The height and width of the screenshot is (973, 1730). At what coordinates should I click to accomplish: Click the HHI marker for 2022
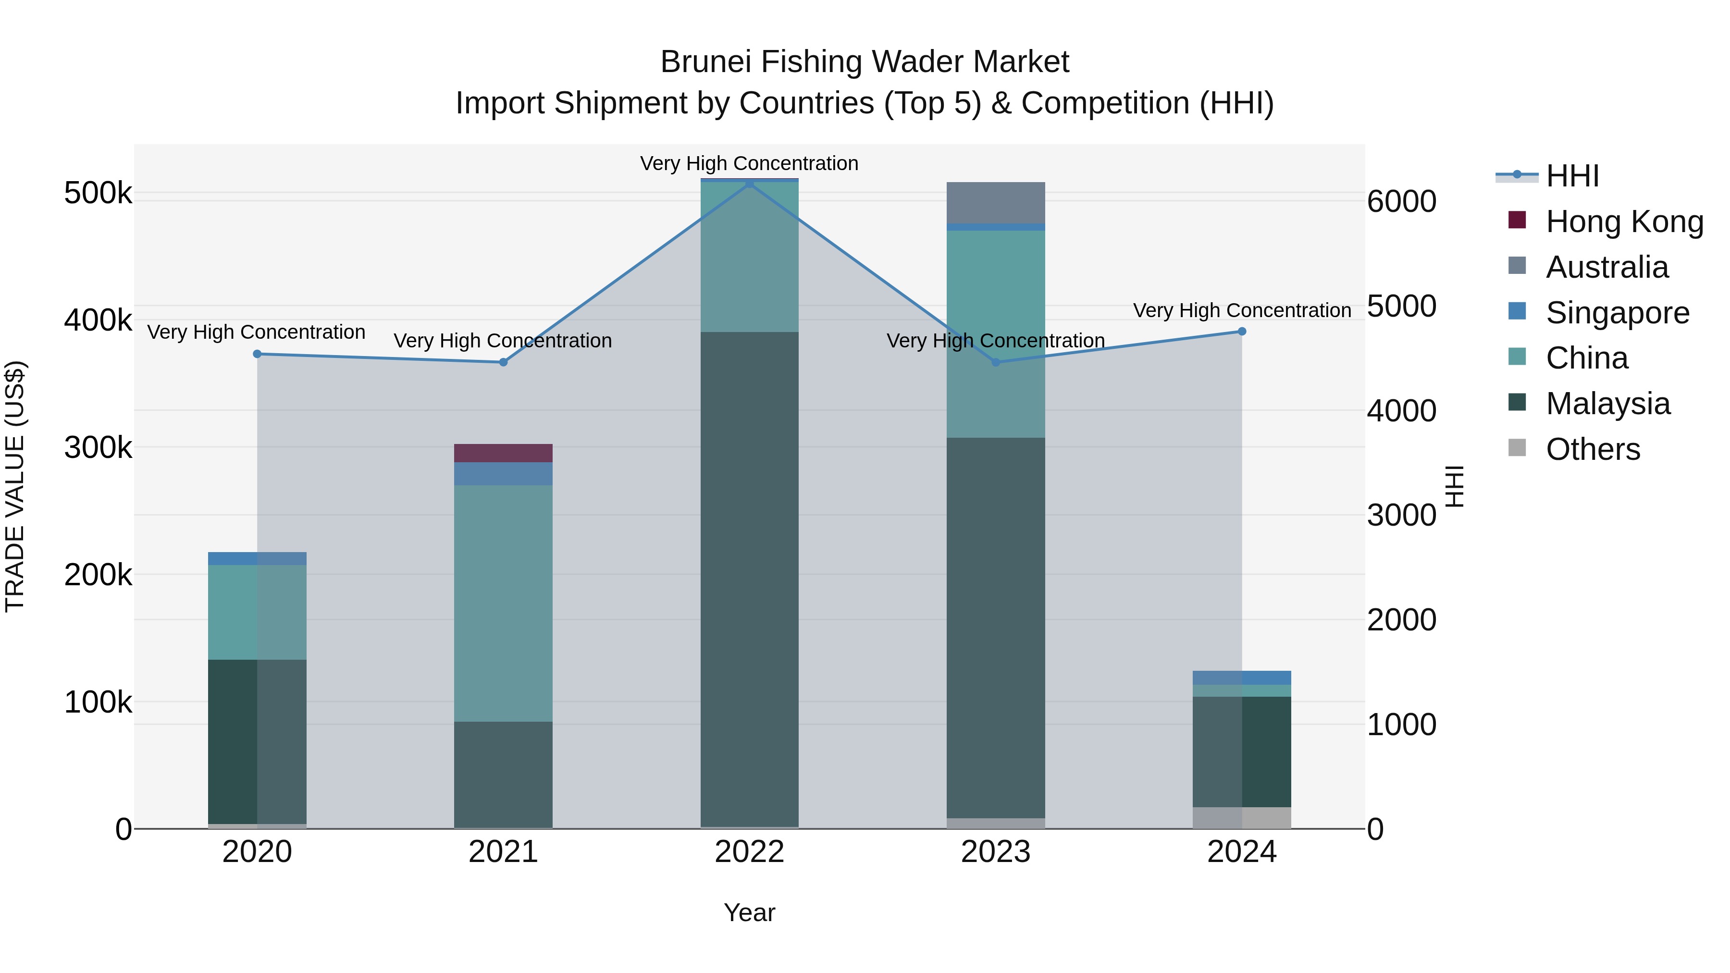click(750, 184)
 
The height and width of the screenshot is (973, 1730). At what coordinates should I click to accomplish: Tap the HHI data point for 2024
click(1242, 331)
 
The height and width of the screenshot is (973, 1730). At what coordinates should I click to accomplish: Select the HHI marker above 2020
click(257, 354)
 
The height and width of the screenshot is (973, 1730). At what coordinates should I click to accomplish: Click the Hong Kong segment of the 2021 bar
click(503, 453)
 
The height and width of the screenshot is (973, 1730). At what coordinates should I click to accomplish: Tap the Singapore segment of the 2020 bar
click(257, 559)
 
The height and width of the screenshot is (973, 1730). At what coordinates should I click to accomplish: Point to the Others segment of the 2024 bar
click(1242, 817)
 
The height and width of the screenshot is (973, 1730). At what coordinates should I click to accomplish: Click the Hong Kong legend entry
click(1624, 222)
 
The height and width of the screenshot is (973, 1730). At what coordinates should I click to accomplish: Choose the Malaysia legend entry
click(1607, 404)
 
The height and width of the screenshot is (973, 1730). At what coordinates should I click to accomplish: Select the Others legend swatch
click(1517, 448)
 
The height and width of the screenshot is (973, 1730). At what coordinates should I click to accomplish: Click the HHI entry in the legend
click(1571, 176)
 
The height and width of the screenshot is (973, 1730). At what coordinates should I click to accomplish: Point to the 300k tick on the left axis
click(98, 447)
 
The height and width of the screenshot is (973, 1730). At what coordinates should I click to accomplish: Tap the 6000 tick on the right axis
click(1402, 201)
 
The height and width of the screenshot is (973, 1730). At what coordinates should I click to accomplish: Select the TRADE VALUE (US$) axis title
click(15, 486)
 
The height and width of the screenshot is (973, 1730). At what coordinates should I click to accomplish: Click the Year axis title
click(750, 912)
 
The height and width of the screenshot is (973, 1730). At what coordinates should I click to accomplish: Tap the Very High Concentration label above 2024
click(1242, 310)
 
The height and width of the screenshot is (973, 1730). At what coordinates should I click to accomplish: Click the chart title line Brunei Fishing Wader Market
click(865, 62)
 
